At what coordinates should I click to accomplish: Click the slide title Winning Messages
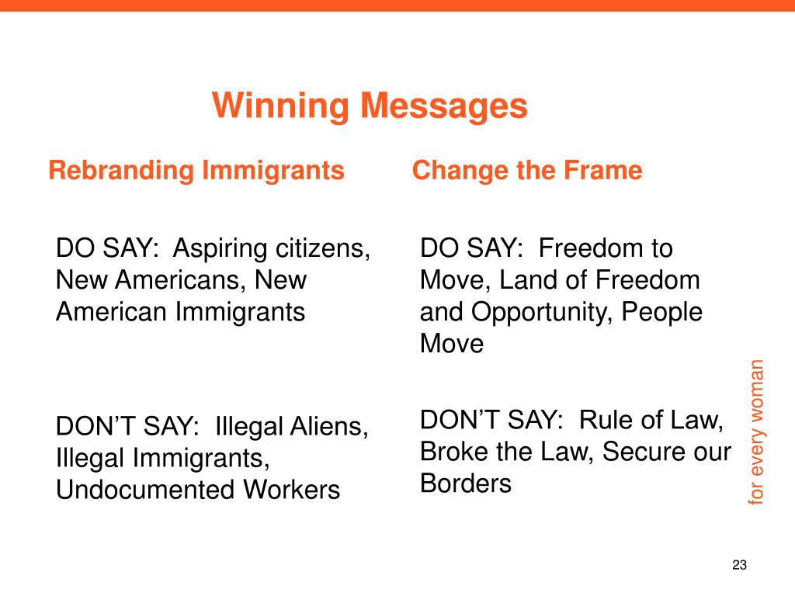pyautogui.click(x=370, y=106)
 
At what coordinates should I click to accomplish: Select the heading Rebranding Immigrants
pyautogui.click(x=196, y=170)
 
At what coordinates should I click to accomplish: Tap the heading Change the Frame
pyautogui.click(x=527, y=170)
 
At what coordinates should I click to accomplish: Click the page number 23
pyautogui.click(x=739, y=565)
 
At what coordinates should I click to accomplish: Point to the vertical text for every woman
pyautogui.click(x=755, y=431)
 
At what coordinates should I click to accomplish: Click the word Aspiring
pyautogui.click(x=220, y=249)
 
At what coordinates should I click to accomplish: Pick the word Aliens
pyautogui.click(x=328, y=426)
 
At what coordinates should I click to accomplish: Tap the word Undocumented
pyautogui.click(x=145, y=490)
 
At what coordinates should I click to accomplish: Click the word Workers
pyautogui.click(x=291, y=490)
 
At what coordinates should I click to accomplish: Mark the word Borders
pyautogui.click(x=466, y=483)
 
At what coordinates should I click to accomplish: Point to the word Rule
pyautogui.click(x=604, y=420)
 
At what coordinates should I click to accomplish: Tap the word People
pyautogui.click(x=661, y=313)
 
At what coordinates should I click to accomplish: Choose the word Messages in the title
pyautogui.click(x=443, y=106)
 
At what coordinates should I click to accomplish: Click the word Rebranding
pyautogui.click(x=121, y=170)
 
